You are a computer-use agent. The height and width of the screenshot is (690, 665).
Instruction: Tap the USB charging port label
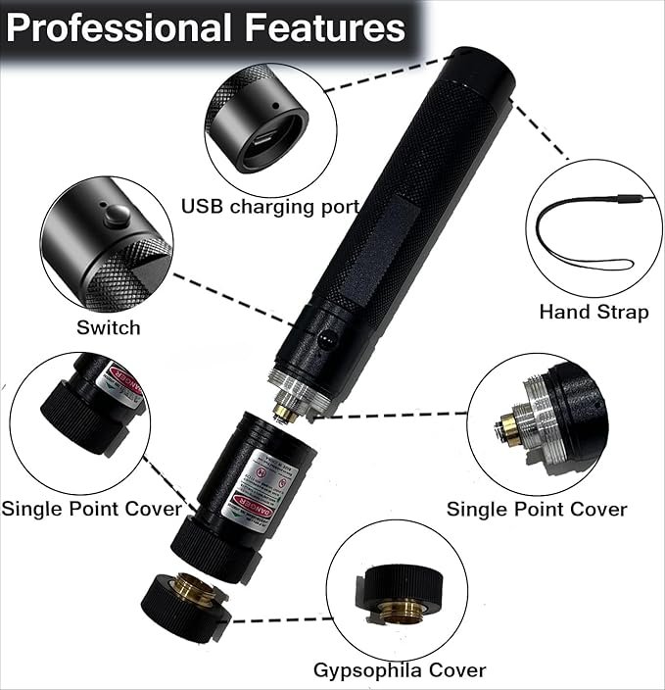click(x=270, y=206)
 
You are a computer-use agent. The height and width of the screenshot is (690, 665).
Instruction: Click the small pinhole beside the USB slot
click(x=275, y=105)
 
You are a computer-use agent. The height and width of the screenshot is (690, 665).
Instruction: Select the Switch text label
click(x=108, y=327)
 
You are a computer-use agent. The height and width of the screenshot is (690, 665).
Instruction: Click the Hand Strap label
click(x=594, y=312)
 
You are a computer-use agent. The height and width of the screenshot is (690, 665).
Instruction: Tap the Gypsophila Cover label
click(x=399, y=670)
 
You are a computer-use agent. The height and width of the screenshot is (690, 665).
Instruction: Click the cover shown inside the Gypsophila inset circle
click(x=403, y=593)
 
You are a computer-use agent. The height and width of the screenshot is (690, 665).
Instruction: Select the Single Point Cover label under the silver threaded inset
click(x=537, y=509)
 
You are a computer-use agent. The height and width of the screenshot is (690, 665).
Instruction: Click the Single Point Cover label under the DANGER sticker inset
click(x=91, y=508)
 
